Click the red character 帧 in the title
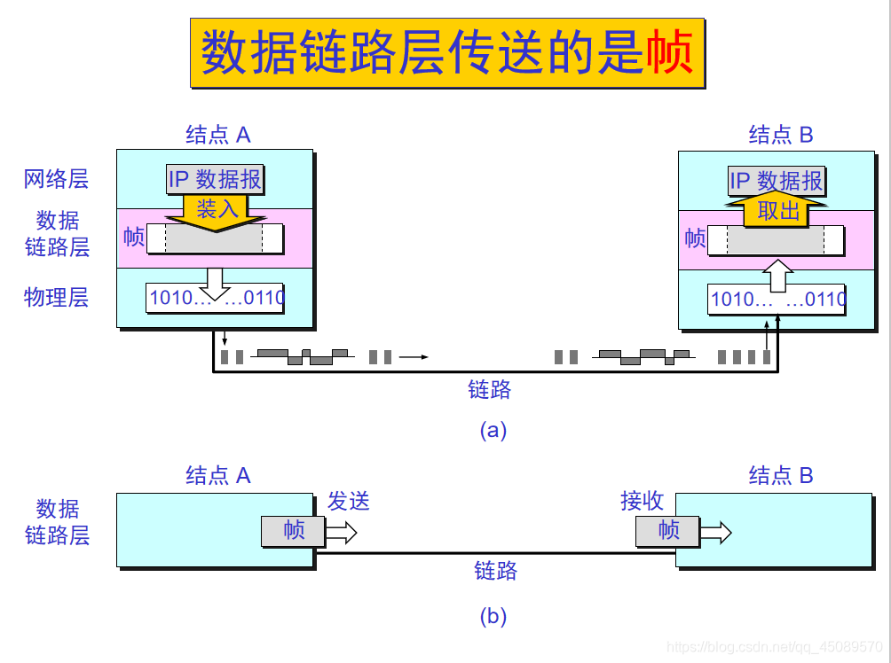coord(670,53)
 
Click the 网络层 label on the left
coord(56,180)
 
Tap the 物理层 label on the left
coord(56,297)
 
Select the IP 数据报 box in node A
coord(216,180)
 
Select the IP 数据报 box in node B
coord(777,182)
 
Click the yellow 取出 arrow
coord(777,211)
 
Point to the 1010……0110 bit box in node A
coord(216,298)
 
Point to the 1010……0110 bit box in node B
coord(777,300)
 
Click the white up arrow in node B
coord(777,277)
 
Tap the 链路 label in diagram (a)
coord(490,388)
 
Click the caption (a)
coord(493,431)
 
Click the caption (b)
coord(493,617)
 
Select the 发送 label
coord(348,502)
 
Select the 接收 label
coord(642,502)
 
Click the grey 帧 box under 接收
coord(667,531)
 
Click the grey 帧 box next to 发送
coord(293,531)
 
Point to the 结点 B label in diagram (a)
coord(781,135)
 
